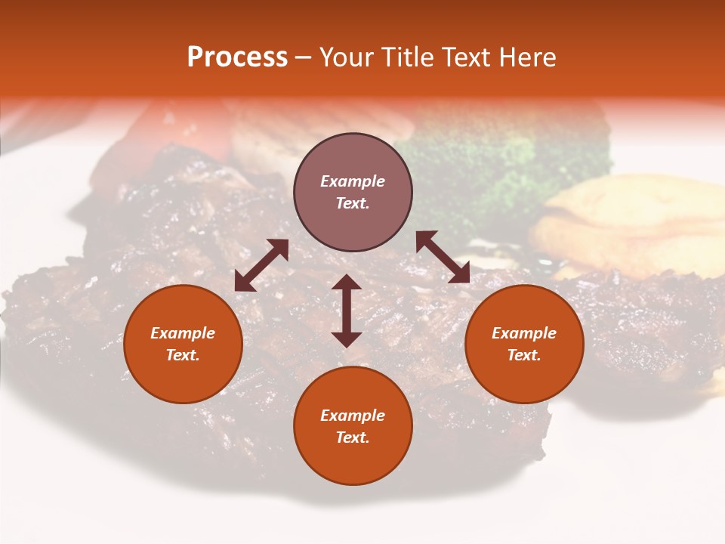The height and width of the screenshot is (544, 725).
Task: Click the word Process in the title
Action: (237, 57)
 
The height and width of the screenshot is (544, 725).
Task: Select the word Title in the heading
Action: (407, 57)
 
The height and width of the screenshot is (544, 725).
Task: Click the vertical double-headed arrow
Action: (347, 311)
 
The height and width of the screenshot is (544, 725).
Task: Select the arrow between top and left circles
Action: (261, 265)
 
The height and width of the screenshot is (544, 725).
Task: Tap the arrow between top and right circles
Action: (443, 257)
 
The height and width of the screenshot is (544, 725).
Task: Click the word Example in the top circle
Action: (353, 181)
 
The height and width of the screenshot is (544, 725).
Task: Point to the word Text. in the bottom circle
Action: (353, 437)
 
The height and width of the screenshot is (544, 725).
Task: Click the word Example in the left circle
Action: (183, 333)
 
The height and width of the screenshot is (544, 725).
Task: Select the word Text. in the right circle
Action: (524, 355)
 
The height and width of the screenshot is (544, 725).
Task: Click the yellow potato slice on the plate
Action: (642, 219)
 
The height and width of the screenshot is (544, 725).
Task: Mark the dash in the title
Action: (304, 58)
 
